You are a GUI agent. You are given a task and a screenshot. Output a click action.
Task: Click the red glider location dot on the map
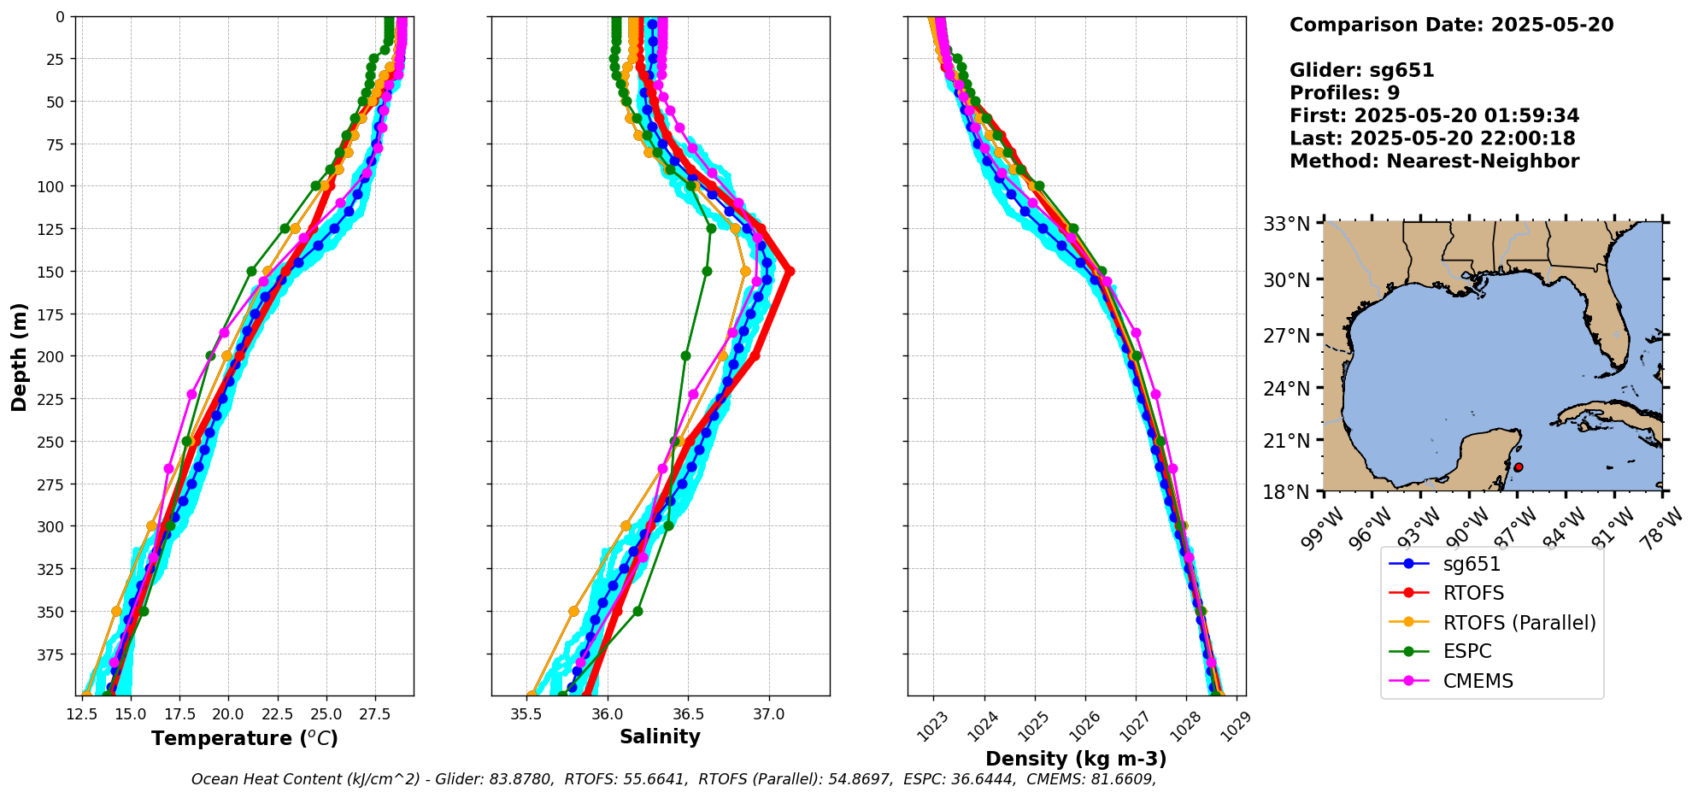point(1519,467)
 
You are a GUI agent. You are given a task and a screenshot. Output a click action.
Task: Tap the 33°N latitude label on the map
point(1287,225)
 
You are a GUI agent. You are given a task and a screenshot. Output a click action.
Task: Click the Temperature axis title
point(244,738)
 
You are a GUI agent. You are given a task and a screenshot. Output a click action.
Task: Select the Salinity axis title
point(660,737)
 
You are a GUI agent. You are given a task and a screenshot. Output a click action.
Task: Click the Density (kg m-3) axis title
point(1076,759)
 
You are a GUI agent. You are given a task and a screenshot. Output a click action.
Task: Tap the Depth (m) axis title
point(20,356)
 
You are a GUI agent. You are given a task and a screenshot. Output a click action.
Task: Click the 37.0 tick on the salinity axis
point(768,713)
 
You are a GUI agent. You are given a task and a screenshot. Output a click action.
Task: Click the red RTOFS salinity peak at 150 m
point(790,272)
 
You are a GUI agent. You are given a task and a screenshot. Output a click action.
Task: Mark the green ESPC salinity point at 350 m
point(637,611)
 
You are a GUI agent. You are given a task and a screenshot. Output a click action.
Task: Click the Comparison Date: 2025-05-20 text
point(1451,25)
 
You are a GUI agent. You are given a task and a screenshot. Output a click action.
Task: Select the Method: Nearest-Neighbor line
point(1434,161)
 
